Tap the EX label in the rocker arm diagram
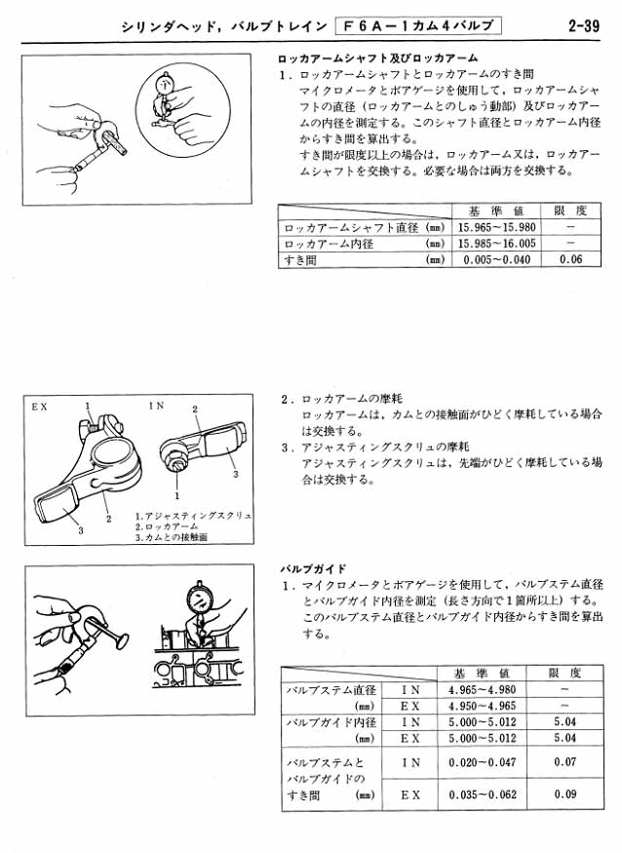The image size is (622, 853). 39,404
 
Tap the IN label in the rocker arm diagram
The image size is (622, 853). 156,404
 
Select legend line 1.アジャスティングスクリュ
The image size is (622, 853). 193,515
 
